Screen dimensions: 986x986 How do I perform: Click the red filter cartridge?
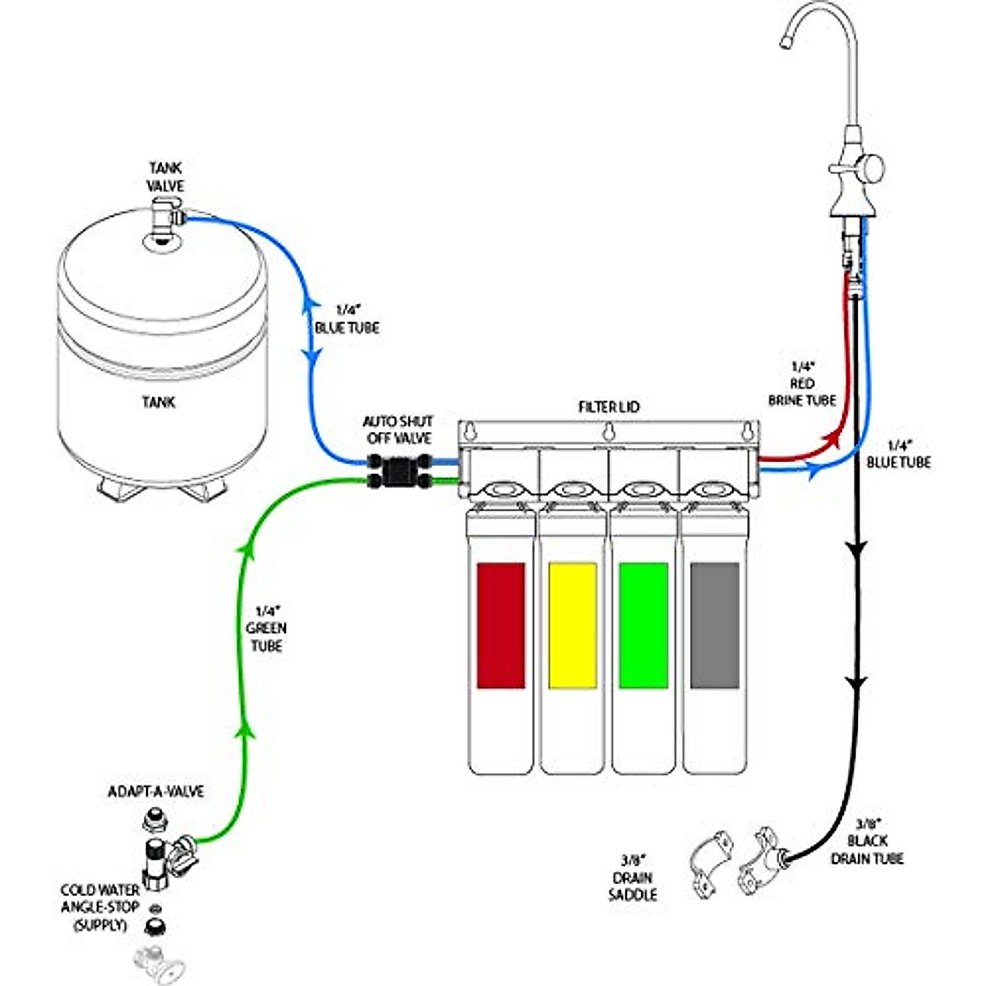click(x=500, y=624)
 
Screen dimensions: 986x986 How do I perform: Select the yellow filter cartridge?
click(x=572, y=624)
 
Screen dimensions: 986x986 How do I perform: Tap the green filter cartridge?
click(x=643, y=624)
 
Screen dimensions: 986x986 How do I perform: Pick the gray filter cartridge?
click(x=715, y=624)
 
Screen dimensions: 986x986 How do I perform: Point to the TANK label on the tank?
click(x=158, y=403)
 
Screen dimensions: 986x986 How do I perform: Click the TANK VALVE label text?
click(x=166, y=177)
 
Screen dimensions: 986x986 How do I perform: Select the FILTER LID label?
click(x=608, y=408)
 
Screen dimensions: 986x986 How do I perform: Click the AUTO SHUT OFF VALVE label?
click(x=398, y=430)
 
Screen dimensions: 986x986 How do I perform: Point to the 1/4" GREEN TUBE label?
click(x=267, y=629)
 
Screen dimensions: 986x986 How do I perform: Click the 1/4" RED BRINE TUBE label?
click(x=802, y=384)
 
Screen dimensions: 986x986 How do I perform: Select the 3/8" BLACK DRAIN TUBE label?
click(x=867, y=841)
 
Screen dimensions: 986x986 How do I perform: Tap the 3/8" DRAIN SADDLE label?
click(x=633, y=877)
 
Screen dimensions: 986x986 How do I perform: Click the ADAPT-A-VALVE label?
click(x=156, y=792)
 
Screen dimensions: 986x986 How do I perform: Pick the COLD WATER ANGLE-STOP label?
click(x=99, y=907)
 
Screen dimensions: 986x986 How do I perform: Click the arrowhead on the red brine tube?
click(x=838, y=435)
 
